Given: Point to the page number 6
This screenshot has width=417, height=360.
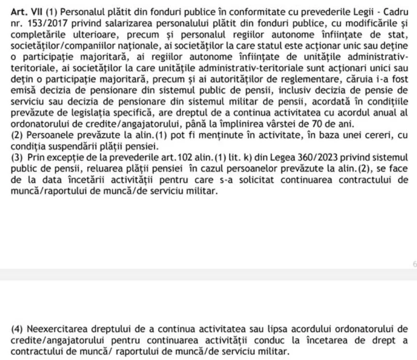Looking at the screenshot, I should tap(414, 264).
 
